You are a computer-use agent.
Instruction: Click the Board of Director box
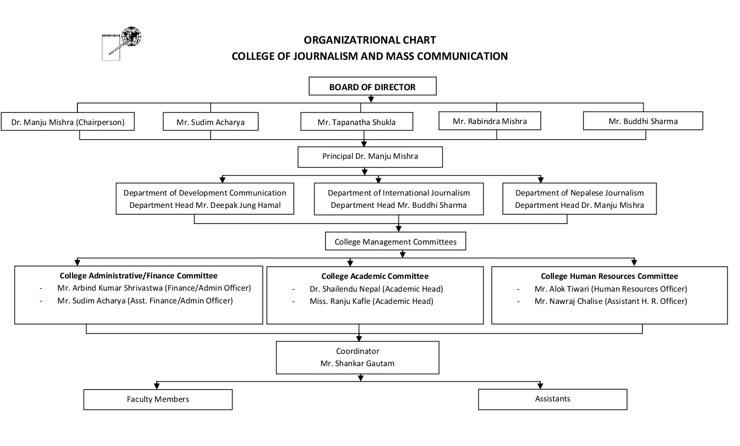(372, 86)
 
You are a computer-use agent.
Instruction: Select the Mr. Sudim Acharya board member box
(210, 122)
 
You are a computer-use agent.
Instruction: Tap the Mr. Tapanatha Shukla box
(357, 122)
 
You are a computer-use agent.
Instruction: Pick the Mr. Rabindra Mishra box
(490, 121)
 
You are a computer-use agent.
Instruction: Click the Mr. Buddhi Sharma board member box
(643, 121)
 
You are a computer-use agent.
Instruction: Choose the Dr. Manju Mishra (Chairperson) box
(68, 122)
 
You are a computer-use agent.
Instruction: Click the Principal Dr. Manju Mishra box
(370, 157)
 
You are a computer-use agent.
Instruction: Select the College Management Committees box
(395, 241)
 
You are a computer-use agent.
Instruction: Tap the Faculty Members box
(158, 399)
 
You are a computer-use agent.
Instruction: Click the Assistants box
(553, 399)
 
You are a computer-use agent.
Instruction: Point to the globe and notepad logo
(122, 43)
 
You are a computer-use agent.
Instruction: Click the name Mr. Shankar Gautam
(357, 363)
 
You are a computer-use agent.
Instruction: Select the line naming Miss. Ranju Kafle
(371, 301)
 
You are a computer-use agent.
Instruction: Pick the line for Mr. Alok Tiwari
(611, 289)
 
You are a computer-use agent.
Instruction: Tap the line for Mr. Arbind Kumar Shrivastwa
(154, 288)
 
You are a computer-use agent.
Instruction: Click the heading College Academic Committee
(375, 276)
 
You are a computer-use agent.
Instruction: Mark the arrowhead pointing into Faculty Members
(157, 386)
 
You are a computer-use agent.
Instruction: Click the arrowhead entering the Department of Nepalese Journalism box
(541, 180)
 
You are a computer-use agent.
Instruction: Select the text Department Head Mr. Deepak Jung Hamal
(205, 205)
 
